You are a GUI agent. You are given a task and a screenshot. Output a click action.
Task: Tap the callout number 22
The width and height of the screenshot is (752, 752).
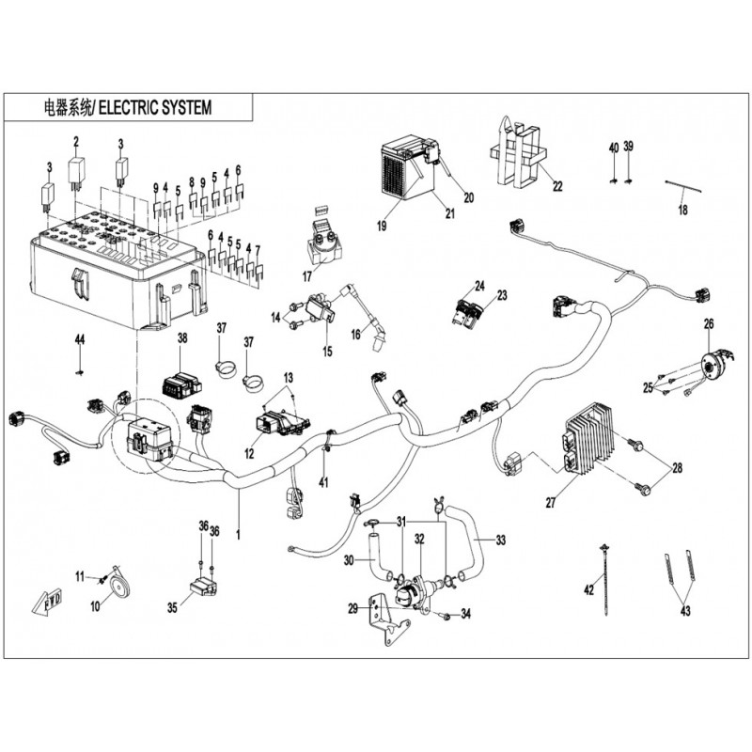click(557, 185)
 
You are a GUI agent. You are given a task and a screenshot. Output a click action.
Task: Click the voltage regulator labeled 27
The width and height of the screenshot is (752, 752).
click(590, 439)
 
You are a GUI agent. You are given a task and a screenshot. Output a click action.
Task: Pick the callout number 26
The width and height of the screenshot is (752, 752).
click(709, 324)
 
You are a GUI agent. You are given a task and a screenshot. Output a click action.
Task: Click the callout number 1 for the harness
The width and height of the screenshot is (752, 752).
click(239, 535)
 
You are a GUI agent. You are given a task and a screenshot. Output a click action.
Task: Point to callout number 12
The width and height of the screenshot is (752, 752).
click(250, 453)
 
